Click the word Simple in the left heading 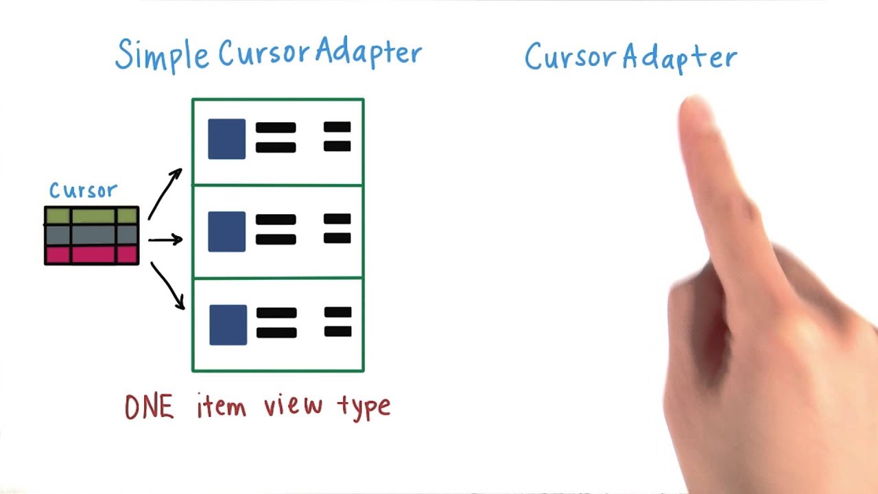point(162,54)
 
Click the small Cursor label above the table point(83,191)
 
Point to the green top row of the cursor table point(92,216)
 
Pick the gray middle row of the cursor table point(92,235)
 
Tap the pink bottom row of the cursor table point(92,255)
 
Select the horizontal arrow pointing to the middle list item point(165,240)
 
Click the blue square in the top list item point(227,139)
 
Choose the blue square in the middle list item point(227,231)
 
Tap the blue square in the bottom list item point(228,325)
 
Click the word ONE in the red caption point(149,408)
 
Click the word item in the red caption point(221,407)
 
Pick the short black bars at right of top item point(337,137)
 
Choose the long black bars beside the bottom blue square point(276,323)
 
